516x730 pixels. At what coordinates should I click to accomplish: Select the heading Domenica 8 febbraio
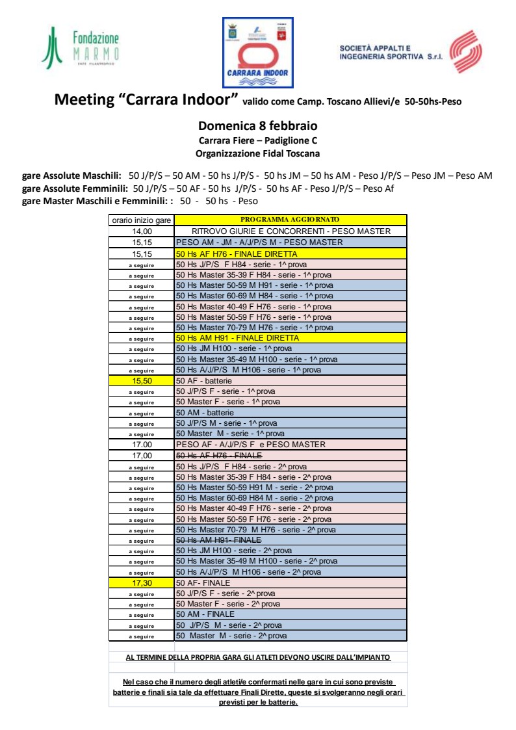[x=257, y=126]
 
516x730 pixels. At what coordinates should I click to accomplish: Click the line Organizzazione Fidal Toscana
[x=257, y=154]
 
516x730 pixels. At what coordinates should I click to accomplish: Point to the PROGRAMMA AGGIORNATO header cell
[x=290, y=220]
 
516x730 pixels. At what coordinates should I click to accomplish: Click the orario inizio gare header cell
[x=142, y=220]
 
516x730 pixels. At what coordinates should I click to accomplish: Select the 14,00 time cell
[x=142, y=231]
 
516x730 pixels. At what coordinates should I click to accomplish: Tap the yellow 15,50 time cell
[x=142, y=381]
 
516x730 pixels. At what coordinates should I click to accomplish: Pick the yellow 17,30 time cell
[x=142, y=583]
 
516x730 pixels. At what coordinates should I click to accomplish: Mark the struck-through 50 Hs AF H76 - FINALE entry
[x=219, y=456]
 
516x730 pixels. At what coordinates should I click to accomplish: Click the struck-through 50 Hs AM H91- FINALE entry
[x=218, y=540]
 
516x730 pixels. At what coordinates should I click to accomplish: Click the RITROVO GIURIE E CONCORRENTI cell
[x=290, y=231]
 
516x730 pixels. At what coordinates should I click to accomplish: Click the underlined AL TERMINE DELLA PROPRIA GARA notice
[x=258, y=657]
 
